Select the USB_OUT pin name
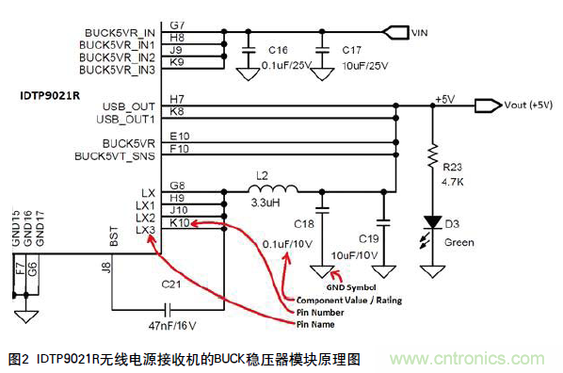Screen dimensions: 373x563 (x=129, y=105)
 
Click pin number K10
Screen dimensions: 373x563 (x=180, y=222)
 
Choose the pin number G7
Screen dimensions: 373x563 (x=177, y=22)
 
